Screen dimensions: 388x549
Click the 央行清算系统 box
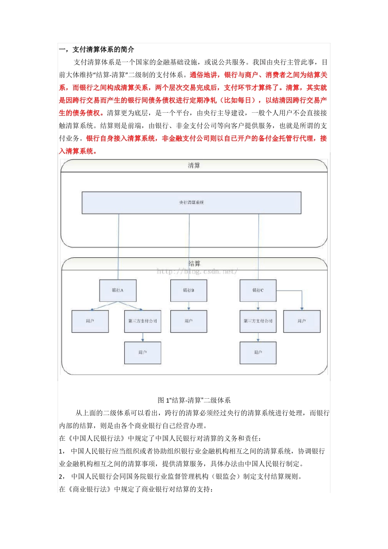click(191, 203)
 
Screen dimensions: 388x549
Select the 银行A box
click(118, 290)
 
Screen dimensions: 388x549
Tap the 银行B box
click(188, 290)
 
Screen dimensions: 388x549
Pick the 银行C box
click(258, 290)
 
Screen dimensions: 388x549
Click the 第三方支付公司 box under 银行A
click(143, 321)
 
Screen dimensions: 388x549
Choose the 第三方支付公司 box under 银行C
click(258, 321)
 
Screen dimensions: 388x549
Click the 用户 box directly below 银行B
click(188, 321)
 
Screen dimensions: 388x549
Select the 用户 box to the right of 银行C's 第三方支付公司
click(302, 321)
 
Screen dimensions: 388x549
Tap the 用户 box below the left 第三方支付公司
click(143, 353)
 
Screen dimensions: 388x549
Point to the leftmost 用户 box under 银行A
click(90, 321)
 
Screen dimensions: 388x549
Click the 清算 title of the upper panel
click(194, 165)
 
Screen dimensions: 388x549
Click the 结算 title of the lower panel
click(194, 263)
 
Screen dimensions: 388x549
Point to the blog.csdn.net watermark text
click(197, 272)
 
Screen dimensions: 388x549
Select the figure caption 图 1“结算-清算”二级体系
click(194, 400)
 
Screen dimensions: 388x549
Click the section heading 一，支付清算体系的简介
click(97, 49)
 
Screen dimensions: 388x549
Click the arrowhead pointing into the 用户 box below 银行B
click(189, 308)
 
